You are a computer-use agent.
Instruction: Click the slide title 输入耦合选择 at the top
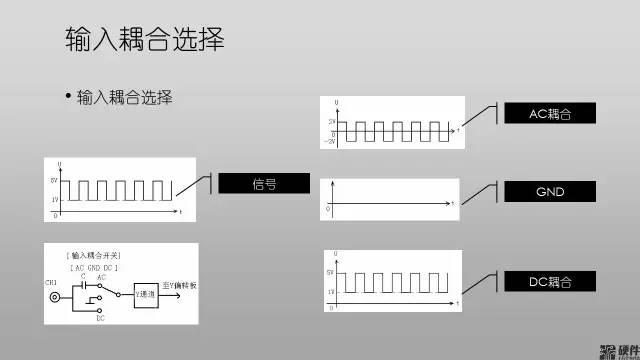click(x=144, y=39)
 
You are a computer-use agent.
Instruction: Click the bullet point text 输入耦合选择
click(x=125, y=97)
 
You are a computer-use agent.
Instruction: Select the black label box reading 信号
click(x=264, y=183)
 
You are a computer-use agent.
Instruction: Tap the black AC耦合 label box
click(x=549, y=114)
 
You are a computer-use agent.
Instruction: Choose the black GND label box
click(x=549, y=190)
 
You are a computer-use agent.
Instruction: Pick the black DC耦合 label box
click(x=549, y=283)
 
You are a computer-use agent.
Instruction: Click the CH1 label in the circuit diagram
click(x=52, y=283)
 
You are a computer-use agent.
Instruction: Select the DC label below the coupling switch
click(x=102, y=319)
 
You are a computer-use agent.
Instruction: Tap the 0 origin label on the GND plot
click(x=328, y=209)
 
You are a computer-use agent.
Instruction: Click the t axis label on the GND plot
click(x=453, y=203)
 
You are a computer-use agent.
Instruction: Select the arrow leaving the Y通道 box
click(x=170, y=285)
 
